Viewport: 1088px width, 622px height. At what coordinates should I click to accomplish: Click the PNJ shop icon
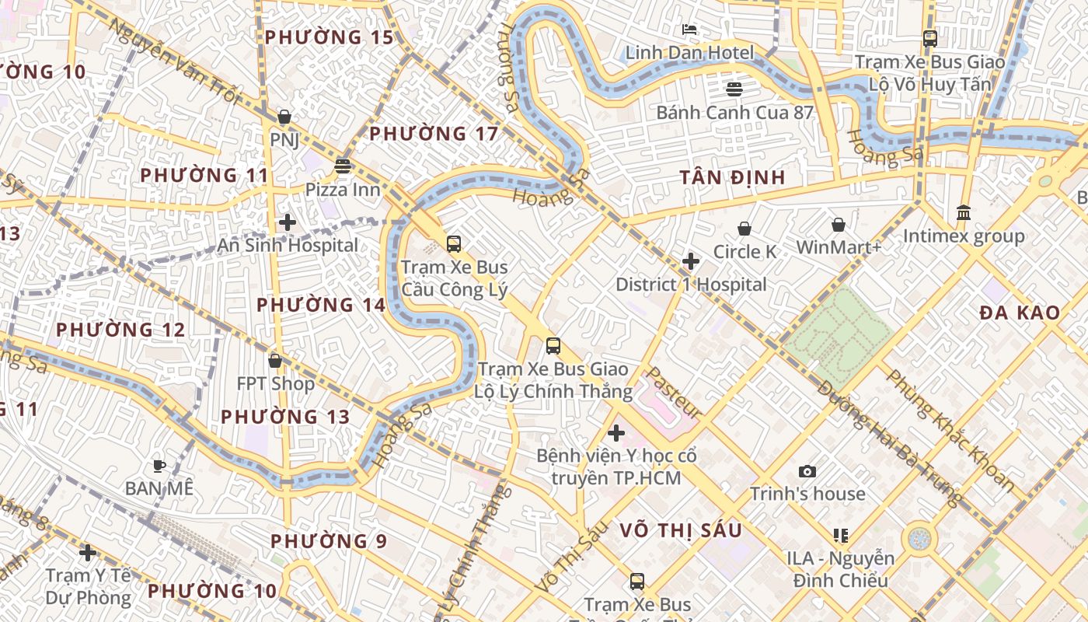284,117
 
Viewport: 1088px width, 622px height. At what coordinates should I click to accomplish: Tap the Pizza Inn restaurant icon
343,166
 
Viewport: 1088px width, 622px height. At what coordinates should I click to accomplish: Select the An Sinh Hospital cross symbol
288,222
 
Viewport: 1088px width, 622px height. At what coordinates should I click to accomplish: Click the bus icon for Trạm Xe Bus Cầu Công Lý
454,244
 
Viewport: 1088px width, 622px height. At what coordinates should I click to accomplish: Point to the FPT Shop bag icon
275,361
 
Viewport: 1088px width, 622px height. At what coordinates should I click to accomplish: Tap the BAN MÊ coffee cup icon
159,466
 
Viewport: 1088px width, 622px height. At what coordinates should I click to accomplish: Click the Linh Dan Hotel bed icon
689,30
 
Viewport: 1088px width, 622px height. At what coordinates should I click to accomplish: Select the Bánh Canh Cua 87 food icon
734,89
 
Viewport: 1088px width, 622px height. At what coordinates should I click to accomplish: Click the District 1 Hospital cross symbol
691,261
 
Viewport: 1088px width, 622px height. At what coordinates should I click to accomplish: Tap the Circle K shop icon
745,229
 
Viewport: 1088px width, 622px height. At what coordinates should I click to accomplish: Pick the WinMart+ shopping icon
839,225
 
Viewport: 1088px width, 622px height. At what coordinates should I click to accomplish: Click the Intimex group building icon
964,212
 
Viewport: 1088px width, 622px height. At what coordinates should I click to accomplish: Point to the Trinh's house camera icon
807,471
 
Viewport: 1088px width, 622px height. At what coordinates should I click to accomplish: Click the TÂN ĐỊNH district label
732,177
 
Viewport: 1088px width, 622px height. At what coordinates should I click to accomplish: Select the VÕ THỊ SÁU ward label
681,530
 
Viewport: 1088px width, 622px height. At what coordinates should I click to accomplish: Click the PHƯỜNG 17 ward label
434,134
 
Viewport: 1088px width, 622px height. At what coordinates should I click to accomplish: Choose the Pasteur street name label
674,393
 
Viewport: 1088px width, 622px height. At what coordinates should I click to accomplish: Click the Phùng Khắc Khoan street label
950,430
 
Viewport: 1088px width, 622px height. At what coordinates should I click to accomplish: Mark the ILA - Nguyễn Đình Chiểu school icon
840,535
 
